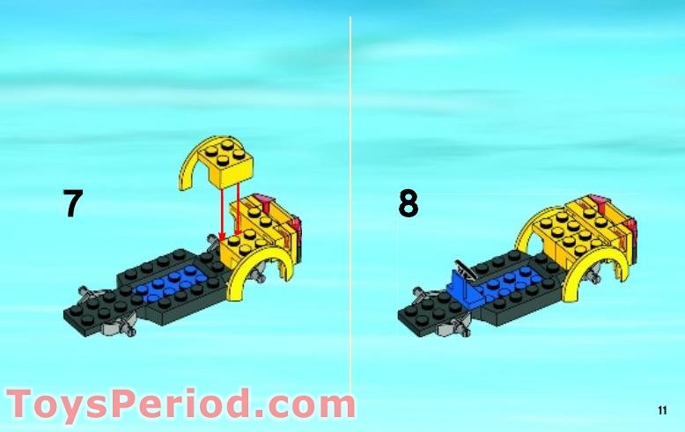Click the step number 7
click(x=73, y=204)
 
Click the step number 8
click(x=408, y=204)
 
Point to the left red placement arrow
click(x=223, y=209)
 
